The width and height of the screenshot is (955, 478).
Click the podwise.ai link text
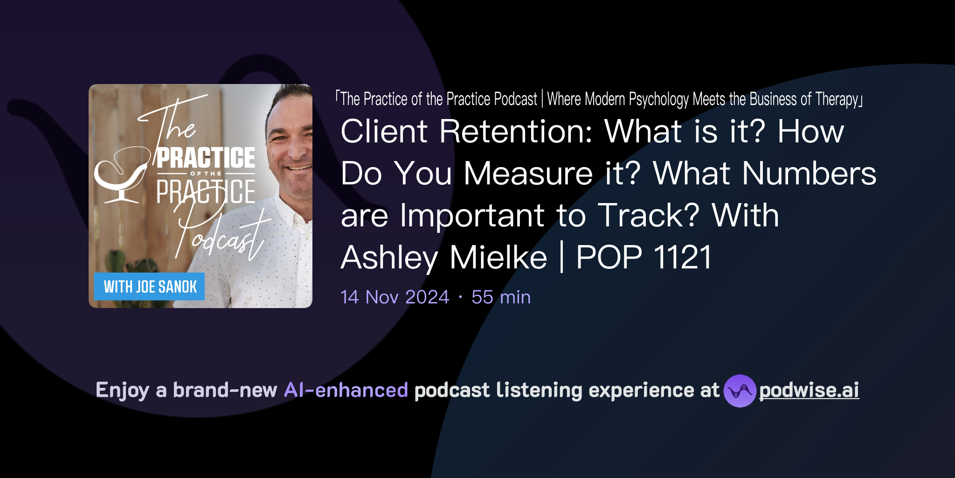(x=809, y=390)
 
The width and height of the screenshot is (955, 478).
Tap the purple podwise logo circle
(x=740, y=391)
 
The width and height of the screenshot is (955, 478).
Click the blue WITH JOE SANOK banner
(x=149, y=286)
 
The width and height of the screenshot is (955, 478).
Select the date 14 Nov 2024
(x=394, y=297)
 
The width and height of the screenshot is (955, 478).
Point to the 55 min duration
(x=501, y=297)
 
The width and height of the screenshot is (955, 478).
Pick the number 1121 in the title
(x=683, y=257)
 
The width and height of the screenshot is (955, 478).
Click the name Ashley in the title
(x=389, y=257)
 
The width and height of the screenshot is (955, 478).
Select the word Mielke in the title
(x=498, y=257)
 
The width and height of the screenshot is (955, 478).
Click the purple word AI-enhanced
(x=346, y=390)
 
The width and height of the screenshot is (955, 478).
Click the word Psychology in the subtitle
(x=658, y=99)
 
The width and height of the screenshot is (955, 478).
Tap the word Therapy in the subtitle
(x=837, y=99)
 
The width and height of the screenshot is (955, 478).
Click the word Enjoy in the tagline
(x=122, y=390)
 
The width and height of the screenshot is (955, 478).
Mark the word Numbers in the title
(x=809, y=173)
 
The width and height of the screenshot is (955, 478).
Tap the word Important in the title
(x=472, y=215)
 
